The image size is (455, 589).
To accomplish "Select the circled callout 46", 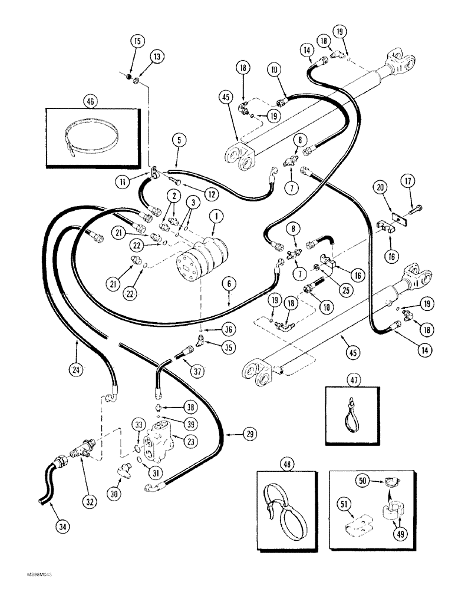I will pyautogui.click(x=91, y=101).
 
